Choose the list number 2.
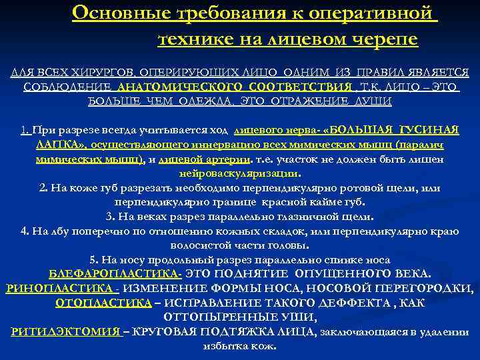pyautogui.click(x=43, y=188)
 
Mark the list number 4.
pyautogui.click(x=25, y=231)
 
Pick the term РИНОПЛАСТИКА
pyautogui.click(x=60, y=289)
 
